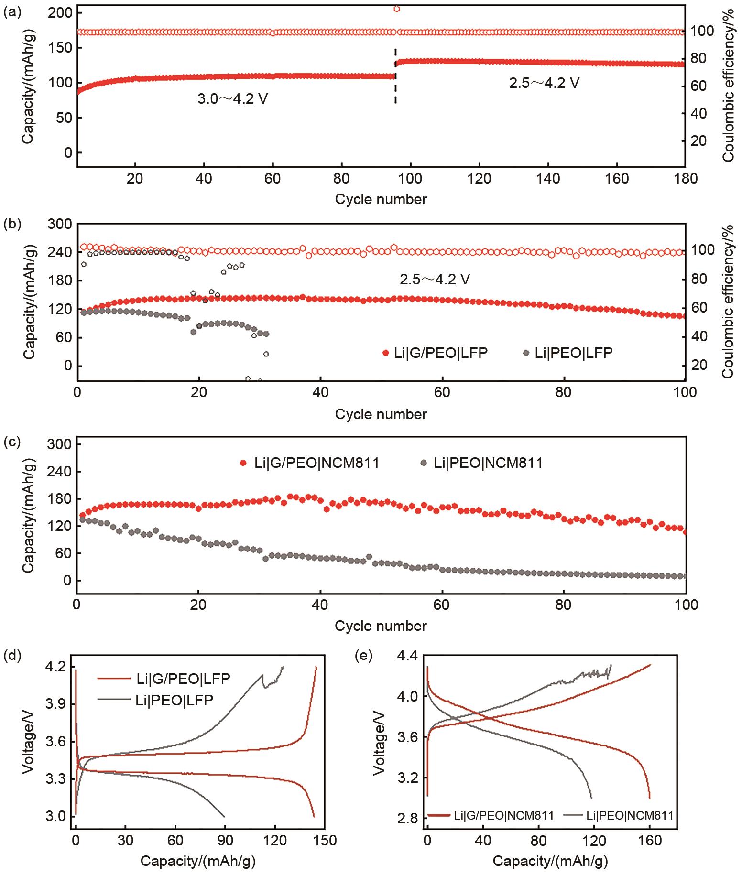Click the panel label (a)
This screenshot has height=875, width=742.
11,13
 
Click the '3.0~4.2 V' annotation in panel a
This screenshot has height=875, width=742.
232,99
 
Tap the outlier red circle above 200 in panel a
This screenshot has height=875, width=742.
396,8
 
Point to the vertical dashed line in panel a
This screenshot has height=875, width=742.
395,76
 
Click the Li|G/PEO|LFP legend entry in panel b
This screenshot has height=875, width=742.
435,353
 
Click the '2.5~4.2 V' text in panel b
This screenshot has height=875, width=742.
435,279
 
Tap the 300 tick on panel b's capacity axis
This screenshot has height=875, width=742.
60,224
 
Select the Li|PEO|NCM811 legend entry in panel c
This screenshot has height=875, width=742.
481,463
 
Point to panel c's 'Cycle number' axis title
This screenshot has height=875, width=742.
381,626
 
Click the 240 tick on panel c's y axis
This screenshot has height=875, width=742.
60,472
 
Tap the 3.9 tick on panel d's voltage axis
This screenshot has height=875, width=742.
58,704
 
